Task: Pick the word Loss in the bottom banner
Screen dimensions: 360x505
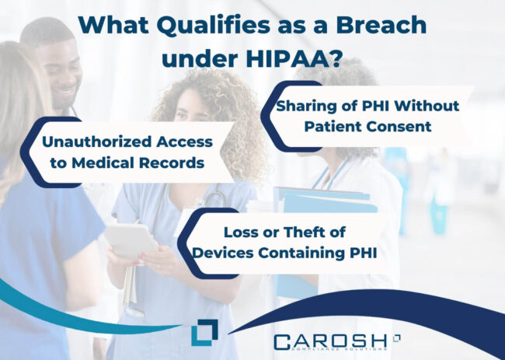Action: click(241, 231)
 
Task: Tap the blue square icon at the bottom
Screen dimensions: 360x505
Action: click(204, 331)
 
